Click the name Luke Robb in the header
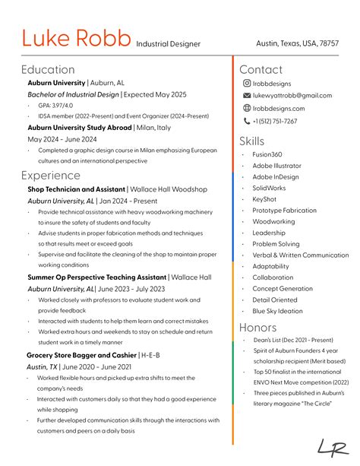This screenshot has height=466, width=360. [76, 38]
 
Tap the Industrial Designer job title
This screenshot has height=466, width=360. [169, 44]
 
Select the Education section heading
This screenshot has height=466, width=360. [48, 69]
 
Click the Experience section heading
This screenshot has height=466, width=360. [51, 176]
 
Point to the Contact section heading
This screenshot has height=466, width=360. [261, 69]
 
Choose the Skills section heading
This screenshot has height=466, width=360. [252, 141]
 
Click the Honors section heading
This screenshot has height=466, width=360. [258, 327]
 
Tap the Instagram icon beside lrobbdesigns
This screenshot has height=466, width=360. [247, 84]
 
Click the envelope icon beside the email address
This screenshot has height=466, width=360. [247, 96]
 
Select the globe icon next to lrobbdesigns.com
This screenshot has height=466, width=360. [247, 109]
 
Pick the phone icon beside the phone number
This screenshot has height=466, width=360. [247, 121]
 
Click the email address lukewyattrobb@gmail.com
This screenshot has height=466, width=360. [292, 96]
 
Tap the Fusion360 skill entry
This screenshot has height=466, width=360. [267, 154]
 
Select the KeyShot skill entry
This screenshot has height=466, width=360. [264, 199]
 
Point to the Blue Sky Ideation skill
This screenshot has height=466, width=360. [277, 311]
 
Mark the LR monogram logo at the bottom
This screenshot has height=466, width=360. [332, 449]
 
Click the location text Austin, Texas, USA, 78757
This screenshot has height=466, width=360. [297, 44]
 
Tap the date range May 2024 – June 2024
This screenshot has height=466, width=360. [62, 139]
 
